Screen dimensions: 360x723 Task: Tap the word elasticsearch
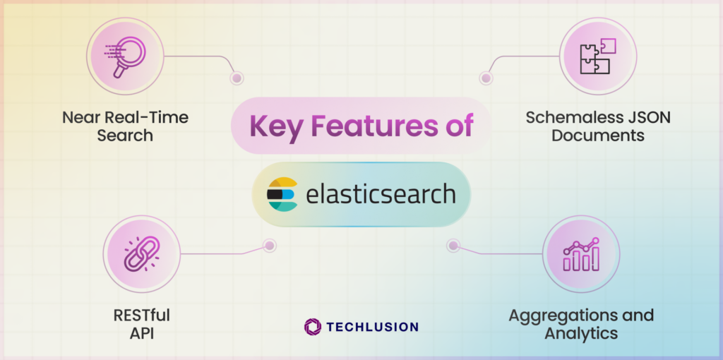tap(381, 194)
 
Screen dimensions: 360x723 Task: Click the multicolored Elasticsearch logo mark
tap(282, 195)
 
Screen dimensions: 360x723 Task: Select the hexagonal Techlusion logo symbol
tap(312, 327)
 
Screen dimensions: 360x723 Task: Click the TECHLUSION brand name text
tap(372, 327)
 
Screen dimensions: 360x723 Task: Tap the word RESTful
tap(141, 314)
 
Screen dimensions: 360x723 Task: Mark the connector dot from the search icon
tap(237, 78)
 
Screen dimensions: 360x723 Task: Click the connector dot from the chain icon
tap(268, 246)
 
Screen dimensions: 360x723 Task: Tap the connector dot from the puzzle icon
tap(485, 78)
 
